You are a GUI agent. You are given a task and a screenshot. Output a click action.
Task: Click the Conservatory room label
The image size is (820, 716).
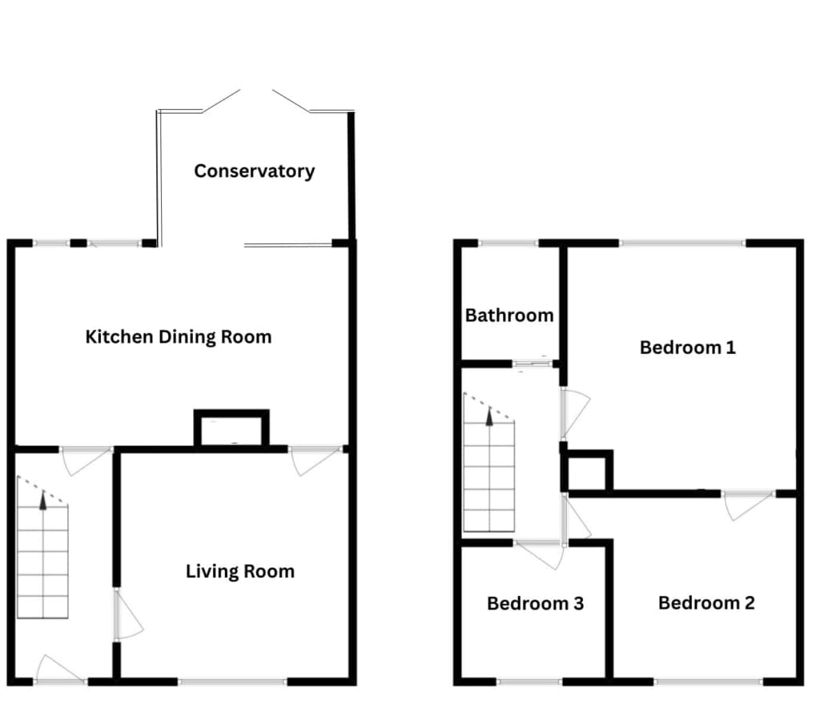click(254, 171)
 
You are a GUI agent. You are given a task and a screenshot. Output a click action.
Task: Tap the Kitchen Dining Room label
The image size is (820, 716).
click(179, 337)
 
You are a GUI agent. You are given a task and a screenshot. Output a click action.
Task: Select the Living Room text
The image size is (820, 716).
click(240, 571)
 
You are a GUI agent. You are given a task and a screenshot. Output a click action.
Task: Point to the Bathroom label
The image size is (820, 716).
click(509, 316)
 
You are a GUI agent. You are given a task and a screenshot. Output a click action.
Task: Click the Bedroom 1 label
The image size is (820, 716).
click(688, 348)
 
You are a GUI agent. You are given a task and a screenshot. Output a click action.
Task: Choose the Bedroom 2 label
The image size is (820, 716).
click(706, 603)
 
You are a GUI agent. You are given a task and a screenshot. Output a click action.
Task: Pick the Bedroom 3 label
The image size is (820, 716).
click(535, 604)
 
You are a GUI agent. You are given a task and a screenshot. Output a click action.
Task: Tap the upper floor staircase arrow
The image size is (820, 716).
click(489, 416)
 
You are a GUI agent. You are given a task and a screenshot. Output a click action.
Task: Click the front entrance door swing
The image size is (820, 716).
click(58, 669)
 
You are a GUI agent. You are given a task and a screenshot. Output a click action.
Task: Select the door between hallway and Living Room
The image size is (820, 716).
click(128, 615)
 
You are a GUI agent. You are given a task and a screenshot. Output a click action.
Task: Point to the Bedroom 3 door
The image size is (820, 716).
click(539, 555)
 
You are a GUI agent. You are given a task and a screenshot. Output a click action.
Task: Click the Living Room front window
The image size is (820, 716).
click(233, 682)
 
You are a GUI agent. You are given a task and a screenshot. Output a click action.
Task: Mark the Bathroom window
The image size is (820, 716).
click(508, 243)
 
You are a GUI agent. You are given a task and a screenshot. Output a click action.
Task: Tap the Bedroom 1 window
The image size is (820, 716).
click(682, 243)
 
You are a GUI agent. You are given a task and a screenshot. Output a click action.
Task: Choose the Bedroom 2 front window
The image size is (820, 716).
click(709, 682)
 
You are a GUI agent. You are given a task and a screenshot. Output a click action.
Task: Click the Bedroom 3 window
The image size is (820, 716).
click(529, 682)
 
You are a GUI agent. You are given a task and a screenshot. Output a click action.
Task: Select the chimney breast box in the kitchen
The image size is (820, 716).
click(231, 428)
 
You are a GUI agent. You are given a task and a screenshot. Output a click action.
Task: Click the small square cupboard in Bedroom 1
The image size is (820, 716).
click(589, 471)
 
